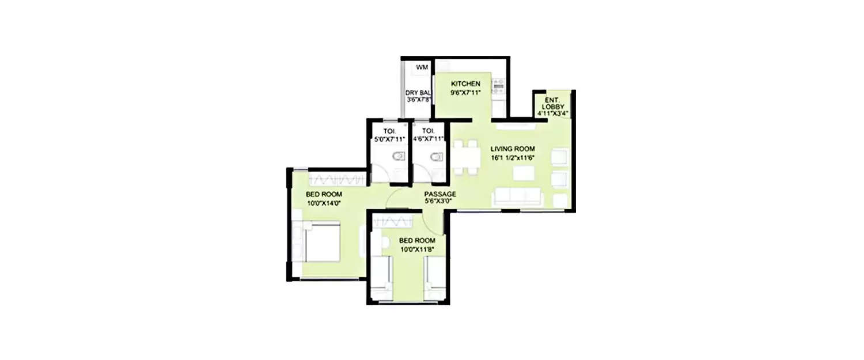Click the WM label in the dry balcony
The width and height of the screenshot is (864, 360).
(422, 68)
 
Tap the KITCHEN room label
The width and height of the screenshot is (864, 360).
(465, 84)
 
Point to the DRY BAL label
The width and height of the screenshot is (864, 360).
(418, 92)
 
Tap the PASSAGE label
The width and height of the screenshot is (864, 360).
(440, 194)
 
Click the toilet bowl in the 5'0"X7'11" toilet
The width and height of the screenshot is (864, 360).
(397, 157)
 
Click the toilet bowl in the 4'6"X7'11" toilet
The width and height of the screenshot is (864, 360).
(437, 157)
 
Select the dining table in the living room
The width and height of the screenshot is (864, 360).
(465, 157)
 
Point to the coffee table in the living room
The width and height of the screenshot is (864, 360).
(523, 173)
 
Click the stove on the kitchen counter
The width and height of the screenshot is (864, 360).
(498, 87)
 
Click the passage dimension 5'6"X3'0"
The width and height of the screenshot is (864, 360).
(440, 202)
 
